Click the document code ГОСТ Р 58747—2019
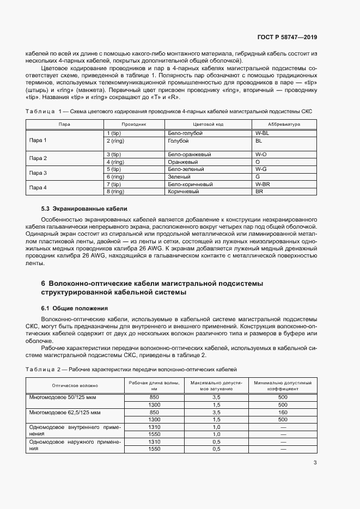tap(287, 37)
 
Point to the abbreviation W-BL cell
tap(262, 133)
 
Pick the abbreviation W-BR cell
tap(263, 185)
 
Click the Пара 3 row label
tap(38, 173)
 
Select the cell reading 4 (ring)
tap(115, 162)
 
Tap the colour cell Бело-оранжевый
tap(190, 155)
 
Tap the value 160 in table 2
tap(283, 412)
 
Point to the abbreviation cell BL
tap(259, 140)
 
